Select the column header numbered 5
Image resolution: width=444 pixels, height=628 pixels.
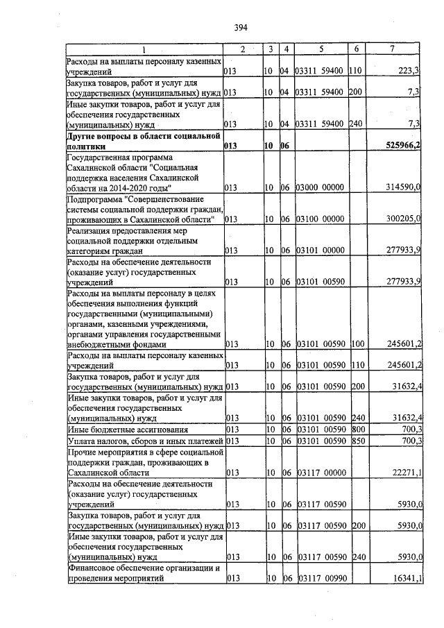321,49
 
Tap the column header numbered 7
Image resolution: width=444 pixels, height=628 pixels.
393,49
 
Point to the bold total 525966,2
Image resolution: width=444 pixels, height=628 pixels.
402,146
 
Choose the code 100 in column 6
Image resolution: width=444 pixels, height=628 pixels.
357,344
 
